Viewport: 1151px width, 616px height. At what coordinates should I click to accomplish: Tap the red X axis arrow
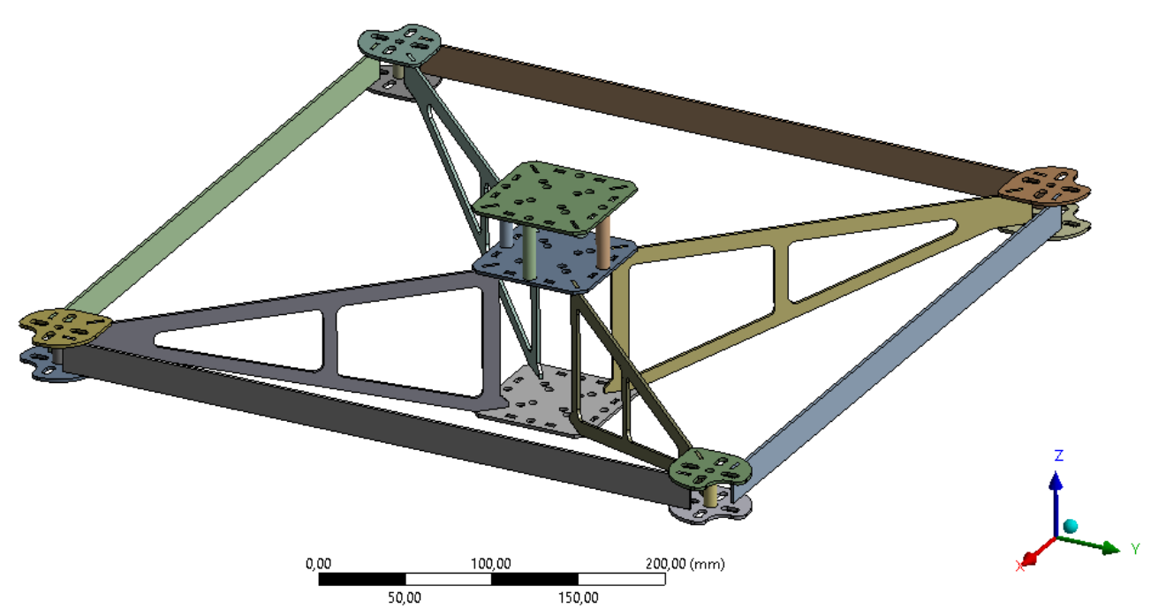pos(1034,556)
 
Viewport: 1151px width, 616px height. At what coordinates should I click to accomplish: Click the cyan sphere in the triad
pos(1071,526)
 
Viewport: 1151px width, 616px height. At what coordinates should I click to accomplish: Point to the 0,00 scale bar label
pos(317,563)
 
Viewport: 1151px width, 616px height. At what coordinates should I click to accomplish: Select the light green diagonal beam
pos(221,185)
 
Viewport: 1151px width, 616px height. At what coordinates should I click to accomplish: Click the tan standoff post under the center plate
pos(604,243)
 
